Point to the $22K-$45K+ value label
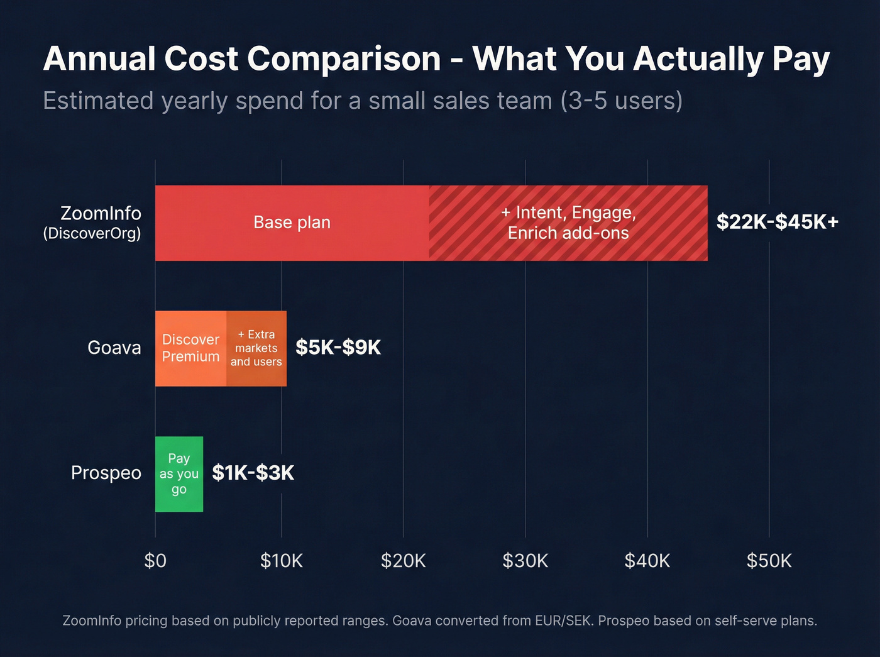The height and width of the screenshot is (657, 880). [x=778, y=222]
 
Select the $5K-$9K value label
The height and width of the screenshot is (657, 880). [x=338, y=348]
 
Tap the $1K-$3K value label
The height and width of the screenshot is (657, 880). [x=253, y=473]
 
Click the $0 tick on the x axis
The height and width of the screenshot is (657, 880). [x=155, y=560]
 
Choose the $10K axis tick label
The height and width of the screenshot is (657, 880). [x=281, y=560]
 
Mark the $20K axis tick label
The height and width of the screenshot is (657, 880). [x=403, y=560]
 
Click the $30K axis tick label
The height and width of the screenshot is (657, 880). [x=525, y=560]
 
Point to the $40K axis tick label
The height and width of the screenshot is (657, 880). [x=647, y=560]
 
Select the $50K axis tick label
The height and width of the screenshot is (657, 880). [x=769, y=560]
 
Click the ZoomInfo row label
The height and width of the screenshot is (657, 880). [x=101, y=213]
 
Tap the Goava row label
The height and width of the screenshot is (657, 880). [x=114, y=348]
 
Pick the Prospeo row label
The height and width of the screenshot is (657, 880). [x=106, y=473]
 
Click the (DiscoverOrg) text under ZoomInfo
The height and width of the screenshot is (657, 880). [x=92, y=234]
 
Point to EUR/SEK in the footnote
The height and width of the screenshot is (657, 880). [x=563, y=621]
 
